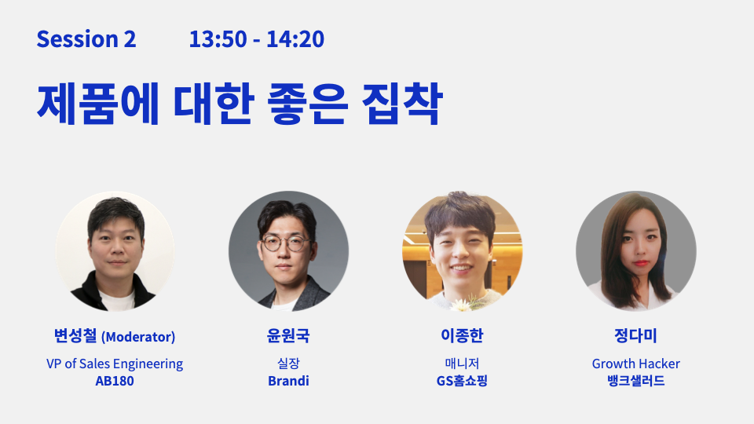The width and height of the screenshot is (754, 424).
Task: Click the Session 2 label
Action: [x=86, y=39]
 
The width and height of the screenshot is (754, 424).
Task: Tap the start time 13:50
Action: [x=218, y=39]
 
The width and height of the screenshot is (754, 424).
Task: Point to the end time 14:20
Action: [x=295, y=39]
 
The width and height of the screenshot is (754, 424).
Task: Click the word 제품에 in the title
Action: [x=97, y=104]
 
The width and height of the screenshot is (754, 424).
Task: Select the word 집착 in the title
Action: [x=402, y=104]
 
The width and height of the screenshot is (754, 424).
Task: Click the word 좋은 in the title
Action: [x=307, y=104]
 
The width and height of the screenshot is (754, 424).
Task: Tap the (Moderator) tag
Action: [x=138, y=337]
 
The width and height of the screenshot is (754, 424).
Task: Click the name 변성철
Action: [x=75, y=335]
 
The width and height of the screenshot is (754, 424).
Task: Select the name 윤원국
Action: [x=288, y=335]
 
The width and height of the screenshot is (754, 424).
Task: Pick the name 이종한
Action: [x=462, y=335]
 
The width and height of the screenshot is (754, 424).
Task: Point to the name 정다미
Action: [x=635, y=335]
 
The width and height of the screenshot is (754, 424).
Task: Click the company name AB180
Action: [x=115, y=381]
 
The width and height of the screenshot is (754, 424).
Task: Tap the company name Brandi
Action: [x=288, y=381]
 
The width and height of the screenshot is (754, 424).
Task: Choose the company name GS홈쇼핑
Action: [x=462, y=381]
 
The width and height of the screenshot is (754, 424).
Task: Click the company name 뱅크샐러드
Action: [x=635, y=381]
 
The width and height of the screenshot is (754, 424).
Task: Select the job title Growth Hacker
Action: [x=635, y=364]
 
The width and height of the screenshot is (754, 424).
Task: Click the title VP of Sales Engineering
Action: [x=115, y=364]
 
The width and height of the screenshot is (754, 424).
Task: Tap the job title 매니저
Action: [x=462, y=364]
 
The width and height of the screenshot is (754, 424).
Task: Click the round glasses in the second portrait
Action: [x=286, y=243]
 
